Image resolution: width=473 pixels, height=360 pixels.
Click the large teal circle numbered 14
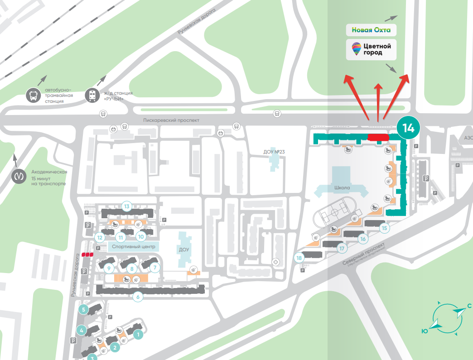pyautogui.click(x=408, y=128)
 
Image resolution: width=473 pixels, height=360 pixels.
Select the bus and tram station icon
pyautogui.click(x=33, y=96)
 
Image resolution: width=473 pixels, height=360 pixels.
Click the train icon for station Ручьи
pyautogui.click(x=92, y=96)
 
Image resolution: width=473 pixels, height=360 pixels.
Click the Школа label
pyautogui.click(x=341, y=187)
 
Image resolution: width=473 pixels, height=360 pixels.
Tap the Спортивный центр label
pyautogui.click(x=134, y=247)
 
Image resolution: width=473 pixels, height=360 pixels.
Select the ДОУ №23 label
pyautogui.click(x=273, y=152)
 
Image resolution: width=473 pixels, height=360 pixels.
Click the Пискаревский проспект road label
pyautogui.click(x=171, y=120)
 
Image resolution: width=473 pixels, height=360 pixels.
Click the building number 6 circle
pyautogui.click(x=138, y=297)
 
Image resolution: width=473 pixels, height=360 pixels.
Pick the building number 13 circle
pyautogui.click(x=127, y=207)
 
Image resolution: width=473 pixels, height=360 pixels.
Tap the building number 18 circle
pyautogui.click(x=299, y=258)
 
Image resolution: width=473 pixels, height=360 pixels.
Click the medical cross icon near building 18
pyautogui.click(x=276, y=262)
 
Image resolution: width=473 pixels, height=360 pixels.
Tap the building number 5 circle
pyautogui.click(x=83, y=310)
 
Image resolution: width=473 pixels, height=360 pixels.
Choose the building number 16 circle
pyautogui.click(x=362, y=239)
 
